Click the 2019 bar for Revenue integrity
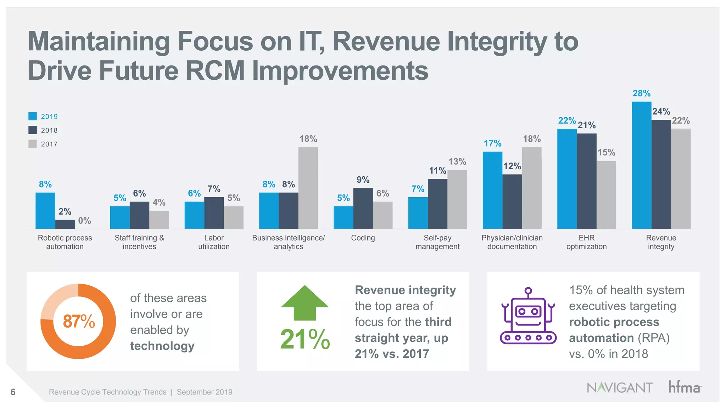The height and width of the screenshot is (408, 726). point(641,165)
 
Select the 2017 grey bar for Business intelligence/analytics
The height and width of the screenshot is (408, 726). point(308,188)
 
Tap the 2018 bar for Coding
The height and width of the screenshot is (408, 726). point(363,208)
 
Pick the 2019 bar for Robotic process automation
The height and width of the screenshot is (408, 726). point(45,210)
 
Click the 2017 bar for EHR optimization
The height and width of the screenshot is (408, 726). point(606,195)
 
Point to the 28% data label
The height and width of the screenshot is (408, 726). point(641,93)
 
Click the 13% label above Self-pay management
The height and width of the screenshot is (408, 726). point(457,161)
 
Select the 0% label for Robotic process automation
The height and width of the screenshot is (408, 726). point(84,221)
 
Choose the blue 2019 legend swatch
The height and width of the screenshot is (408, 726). point(33,116)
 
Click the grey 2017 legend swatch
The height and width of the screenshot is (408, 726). point(33,144)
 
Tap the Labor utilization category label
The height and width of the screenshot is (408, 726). point(214,242)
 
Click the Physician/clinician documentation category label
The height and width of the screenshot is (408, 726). point(512,242)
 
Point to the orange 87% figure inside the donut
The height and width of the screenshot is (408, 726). point(79,321)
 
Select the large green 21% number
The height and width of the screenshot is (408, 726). point(305,339)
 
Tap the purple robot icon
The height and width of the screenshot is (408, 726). point(528,316)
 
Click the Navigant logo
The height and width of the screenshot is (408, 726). point(619,387)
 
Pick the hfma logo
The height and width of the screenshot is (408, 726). point(685,387)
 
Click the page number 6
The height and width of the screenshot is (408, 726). point(13,392)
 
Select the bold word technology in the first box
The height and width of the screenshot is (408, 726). point(162,346)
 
